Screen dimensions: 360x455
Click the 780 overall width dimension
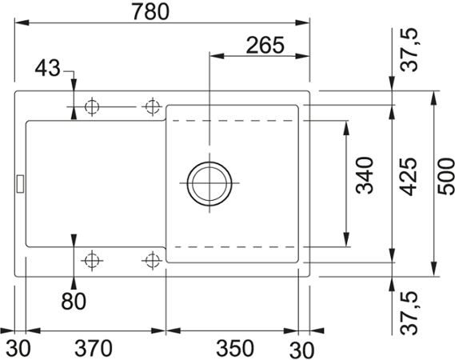tap(163, 13)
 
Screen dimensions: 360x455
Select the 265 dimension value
tap(265, 45)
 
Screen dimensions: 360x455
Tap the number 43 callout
tap(48, 70)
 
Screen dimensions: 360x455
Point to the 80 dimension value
tap(74, 302)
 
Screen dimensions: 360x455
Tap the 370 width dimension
tap(94, 349)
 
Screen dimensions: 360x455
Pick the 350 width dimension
tap(235, 349)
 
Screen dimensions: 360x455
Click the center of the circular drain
tap(210, 183)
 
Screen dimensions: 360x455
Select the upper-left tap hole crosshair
tap(92, 106)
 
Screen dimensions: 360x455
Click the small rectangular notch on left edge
tap(19, 182)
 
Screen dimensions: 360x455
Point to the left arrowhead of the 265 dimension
tap(214, 57)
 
